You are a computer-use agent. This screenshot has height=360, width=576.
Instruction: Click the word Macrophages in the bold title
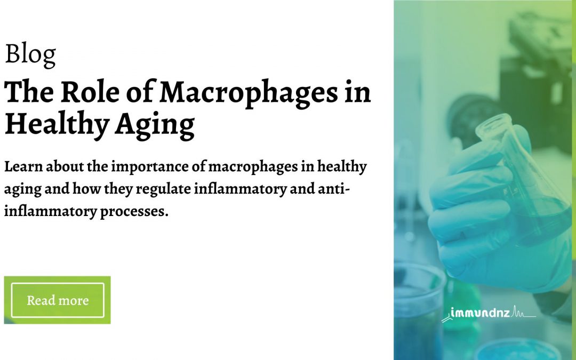pos(249,93)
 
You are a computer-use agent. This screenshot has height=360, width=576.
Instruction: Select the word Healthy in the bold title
pos(51,124)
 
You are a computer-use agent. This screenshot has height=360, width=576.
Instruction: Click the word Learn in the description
pos(22,167)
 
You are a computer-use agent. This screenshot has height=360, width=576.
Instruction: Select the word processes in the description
pos(139,211)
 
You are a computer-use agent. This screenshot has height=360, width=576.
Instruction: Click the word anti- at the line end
pos(335,189)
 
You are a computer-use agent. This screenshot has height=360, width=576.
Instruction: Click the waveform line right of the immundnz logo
pos(523,314)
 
